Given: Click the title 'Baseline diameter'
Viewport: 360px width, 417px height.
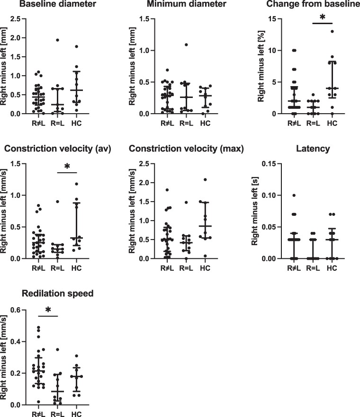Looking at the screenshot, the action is [x=58, y=4].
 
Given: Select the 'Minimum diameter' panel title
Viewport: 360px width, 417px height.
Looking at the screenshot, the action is [x=187, y=4].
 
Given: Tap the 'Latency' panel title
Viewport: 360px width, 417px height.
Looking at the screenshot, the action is [x=313, y=149].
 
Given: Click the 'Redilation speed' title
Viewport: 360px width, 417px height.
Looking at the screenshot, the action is [x=58, y=293].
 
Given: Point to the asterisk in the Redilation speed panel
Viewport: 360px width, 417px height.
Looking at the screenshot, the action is [x=48, y=310].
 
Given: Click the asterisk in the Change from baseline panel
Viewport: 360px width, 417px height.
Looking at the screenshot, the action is [x=323, y=18].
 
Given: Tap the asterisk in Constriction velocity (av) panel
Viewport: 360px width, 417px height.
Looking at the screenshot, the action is [x=67, y=167].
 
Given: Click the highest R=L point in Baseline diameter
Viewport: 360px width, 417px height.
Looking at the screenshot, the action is [x=57, y=40].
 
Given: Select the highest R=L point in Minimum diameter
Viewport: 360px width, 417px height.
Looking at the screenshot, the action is [x=186, y=44].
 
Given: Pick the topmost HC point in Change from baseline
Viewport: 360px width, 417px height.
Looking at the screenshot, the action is [x=332, y=31].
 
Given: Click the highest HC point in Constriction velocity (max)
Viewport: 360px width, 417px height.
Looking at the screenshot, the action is [x=205, y=179].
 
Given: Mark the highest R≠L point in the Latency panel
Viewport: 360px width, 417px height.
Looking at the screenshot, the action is [x=294, y=195].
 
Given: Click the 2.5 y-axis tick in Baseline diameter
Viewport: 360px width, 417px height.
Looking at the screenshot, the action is [x=16, y=19].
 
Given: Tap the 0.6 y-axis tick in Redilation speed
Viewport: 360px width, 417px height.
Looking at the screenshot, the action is [x=16, y=310].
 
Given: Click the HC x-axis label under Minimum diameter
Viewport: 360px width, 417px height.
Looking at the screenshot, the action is [x=205, y=124].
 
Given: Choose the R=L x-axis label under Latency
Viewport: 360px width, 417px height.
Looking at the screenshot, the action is [x=313, y=268].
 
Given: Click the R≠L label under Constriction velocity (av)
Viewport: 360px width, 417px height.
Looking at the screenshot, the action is [x=38, y=268].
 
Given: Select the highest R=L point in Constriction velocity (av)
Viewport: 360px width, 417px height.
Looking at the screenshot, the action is [x=57, y=202].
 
